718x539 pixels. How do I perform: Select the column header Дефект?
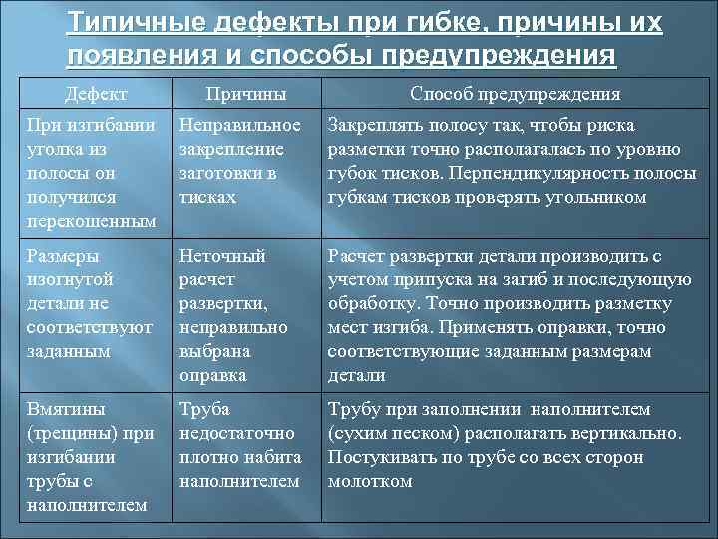96,94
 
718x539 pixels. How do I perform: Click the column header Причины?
246,94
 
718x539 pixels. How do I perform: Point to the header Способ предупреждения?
516,94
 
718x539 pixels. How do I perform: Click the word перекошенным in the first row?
91,221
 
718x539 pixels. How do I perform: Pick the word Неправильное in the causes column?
239,126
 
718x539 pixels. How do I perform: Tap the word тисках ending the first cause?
207,197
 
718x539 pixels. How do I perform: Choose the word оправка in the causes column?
212,375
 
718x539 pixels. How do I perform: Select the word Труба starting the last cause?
204,409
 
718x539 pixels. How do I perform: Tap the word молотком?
369,481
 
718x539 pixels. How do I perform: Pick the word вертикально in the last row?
627,433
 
